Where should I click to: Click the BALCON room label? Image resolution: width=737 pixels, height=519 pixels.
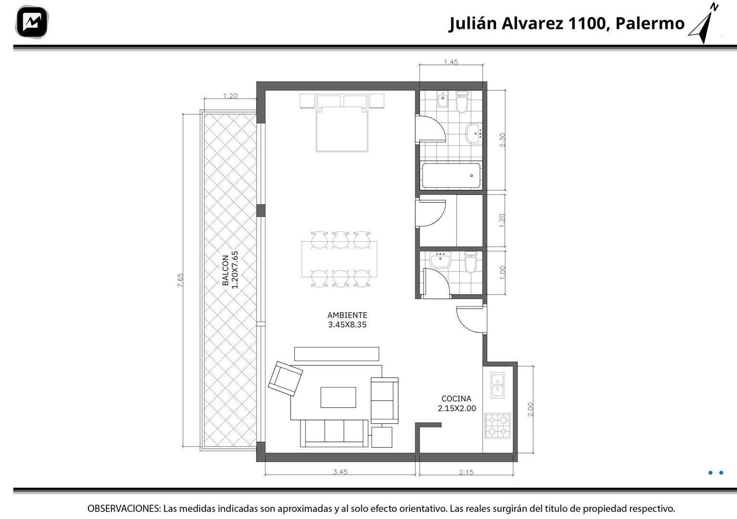(x=225, y=270)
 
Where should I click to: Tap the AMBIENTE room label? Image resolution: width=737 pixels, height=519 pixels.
(x=347, y=315)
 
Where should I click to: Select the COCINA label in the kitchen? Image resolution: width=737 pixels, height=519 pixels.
(x=457, y=399)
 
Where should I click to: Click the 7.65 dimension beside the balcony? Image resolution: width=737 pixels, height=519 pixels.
(x=180, y=280)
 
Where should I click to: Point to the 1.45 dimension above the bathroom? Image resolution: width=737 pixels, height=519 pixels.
(x=451, y=62)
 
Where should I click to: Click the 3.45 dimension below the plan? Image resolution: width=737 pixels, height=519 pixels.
(x=340, y=472)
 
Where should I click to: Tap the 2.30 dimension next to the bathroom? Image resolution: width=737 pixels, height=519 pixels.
(x=502, y=140)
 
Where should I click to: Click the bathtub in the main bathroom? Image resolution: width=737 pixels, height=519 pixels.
(x=451, y=176)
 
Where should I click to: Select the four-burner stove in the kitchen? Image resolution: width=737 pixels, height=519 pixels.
(x=497, y=426)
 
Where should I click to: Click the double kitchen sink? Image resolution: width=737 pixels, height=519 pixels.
(x=497, y=385)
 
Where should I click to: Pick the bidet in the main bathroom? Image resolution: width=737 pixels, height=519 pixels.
(x=443, y=99)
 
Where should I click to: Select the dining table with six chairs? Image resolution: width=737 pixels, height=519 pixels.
(x=340, y=259)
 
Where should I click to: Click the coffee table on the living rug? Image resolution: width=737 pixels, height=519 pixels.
(x=338, y=397)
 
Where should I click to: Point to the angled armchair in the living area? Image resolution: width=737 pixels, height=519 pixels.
(x=285, y=379)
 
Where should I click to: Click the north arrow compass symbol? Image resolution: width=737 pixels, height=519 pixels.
(x=705, y=23)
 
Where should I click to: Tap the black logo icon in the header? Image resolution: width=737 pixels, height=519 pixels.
(x=32, y=22)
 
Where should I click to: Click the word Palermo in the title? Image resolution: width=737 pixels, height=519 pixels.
(x=650, y=24)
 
